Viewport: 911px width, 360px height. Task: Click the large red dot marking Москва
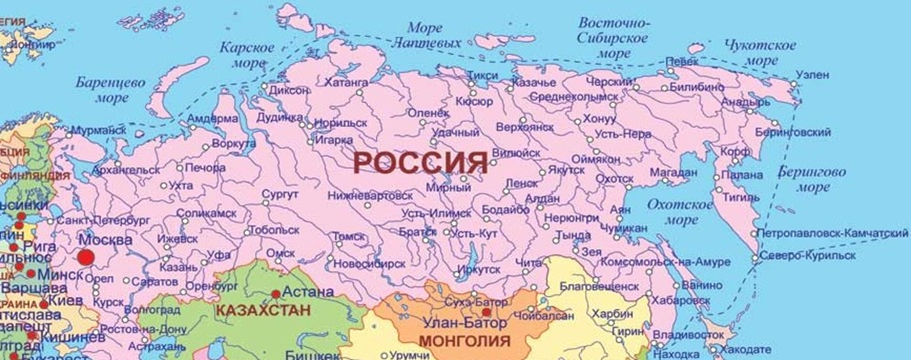[x=85, y=258]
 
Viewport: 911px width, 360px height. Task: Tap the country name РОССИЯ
[x=421, y=163]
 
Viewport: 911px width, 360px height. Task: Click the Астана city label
[x=308, y=292]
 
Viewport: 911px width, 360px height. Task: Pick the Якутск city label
[x=566, y=170]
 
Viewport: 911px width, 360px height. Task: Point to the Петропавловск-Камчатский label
[x=835, y=233]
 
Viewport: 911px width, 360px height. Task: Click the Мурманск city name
[x=99, y=129]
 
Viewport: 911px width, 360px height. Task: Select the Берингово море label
[x=811, y=180]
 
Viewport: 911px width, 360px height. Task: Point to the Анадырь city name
[x=739, y=103]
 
